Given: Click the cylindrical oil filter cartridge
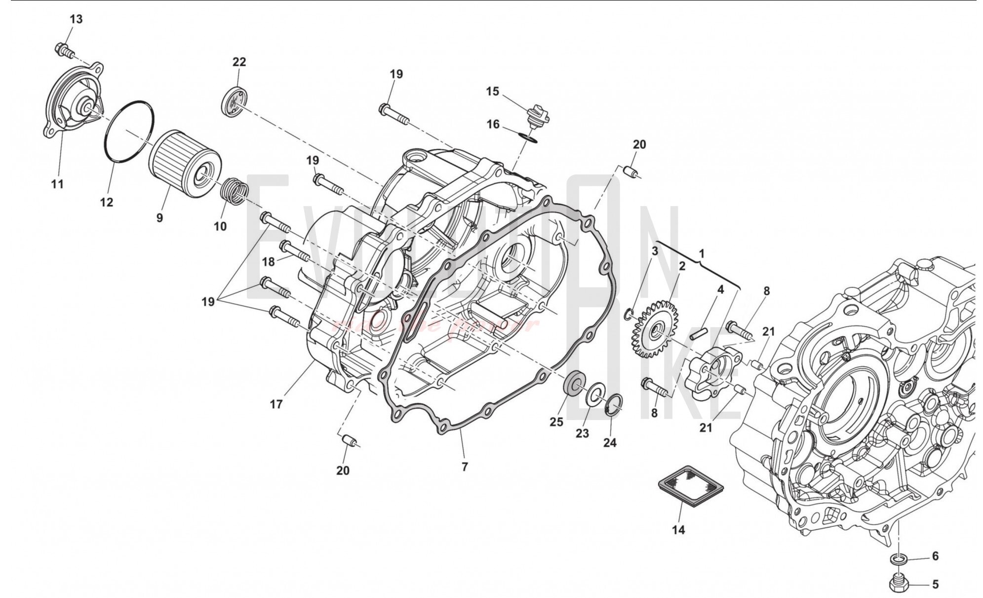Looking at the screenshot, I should click(184, 164).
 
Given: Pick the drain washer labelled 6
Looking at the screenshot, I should click(898, 558).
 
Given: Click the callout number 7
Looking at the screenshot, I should click(464, 467).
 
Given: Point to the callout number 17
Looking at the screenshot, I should click(276, 404).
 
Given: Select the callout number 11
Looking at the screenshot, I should click(57, 184).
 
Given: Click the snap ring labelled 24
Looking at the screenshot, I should click(614, 404).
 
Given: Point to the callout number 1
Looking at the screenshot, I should click(702, 254).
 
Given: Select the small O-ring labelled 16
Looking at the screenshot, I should click(529, 137).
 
